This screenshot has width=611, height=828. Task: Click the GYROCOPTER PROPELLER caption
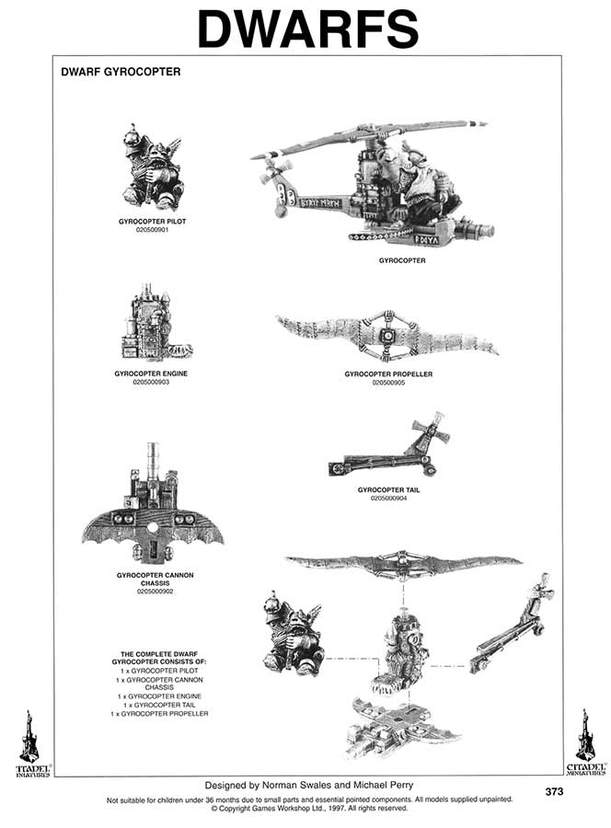388,374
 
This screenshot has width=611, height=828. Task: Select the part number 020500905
388,382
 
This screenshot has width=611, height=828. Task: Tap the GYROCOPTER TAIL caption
388,489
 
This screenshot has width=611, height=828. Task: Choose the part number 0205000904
388,498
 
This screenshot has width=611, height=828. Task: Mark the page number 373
554,791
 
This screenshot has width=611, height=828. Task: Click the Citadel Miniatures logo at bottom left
29,743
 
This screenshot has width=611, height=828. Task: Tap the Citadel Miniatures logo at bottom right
585,743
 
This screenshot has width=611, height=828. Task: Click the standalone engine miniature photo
151,327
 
